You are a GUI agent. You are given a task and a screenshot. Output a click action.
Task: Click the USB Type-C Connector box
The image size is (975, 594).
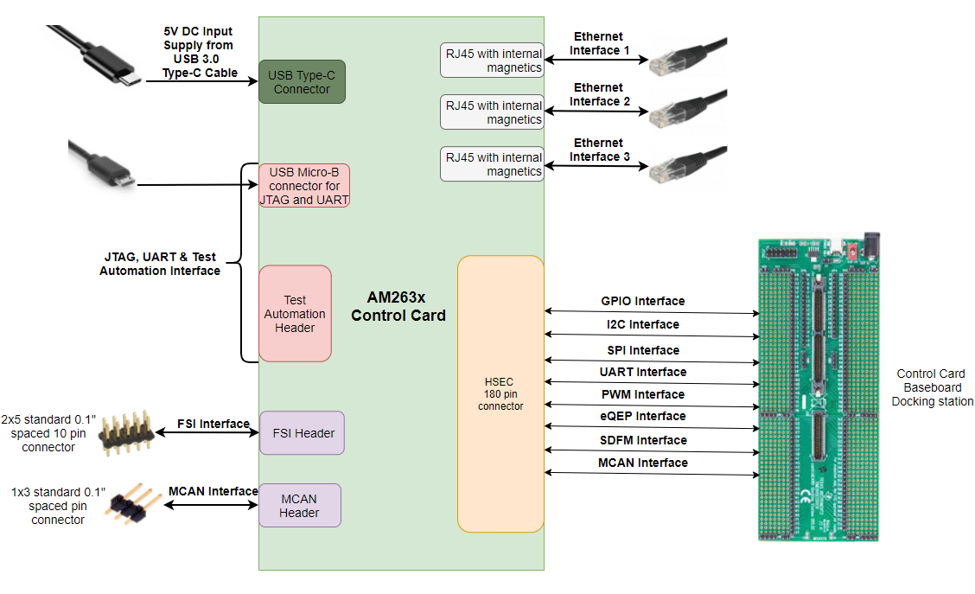(302, 82)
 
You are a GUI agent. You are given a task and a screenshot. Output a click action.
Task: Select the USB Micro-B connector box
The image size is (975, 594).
(304, 186)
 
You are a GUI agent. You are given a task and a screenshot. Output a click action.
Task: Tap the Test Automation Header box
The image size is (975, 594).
(295, 314)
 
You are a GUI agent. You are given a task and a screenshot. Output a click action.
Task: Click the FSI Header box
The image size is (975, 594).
(302, 433)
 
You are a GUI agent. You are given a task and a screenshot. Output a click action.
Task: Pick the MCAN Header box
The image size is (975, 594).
(299, 506)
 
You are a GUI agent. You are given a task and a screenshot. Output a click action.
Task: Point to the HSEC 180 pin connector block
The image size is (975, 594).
(500, 393)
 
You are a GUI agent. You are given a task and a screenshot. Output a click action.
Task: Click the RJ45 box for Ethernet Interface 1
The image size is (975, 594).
(492, 61)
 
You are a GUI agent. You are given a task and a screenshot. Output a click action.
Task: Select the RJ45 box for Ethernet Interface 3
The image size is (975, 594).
(492, 164)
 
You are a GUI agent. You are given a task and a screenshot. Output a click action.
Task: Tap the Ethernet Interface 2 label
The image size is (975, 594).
(598, 94)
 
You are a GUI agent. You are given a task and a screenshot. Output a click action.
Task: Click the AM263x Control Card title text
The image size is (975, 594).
(398, 306)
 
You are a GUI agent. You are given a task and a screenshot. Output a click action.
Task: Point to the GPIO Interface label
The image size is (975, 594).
(642, 301)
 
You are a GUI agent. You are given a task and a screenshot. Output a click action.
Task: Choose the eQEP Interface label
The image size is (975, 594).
(642, 416)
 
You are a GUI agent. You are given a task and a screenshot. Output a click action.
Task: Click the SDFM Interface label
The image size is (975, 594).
(642, 440)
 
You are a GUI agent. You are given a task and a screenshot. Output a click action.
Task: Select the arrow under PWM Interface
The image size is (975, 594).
(652, 406)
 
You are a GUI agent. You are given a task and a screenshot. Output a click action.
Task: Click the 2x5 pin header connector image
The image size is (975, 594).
(127, 432)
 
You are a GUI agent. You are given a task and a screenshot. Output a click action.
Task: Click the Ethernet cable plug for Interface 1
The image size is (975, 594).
(687, 57)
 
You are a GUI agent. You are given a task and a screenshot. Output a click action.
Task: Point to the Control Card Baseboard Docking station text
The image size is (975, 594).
(932, 387)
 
